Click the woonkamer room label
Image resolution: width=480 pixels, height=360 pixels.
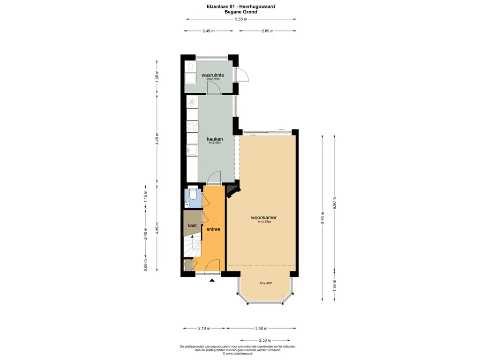tap(263, 217)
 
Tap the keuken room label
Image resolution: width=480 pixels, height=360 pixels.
tap(215, 139)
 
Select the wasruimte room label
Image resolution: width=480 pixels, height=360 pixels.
tap(212, 75)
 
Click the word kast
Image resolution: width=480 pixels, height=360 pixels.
tap(192, 225)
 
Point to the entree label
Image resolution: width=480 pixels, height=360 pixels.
tap(213, 229)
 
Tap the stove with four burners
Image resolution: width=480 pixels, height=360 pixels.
tap(192, 126)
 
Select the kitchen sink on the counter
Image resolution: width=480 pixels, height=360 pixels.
tap(191, 150)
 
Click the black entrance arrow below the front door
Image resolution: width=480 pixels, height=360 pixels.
tap(212, 280)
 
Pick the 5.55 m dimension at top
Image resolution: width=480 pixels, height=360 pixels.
tap(241, 19)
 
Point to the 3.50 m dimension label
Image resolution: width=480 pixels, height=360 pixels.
tap(262, 328)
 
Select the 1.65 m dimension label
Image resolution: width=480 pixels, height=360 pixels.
tap(157, 75)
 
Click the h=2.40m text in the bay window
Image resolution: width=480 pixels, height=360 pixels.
tap(266, 283)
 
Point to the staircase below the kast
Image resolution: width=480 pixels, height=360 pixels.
tap(192, 246)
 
